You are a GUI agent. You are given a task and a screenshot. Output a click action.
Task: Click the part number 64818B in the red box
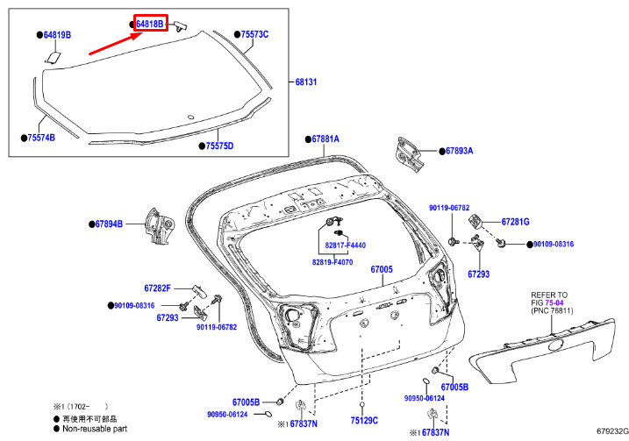150,24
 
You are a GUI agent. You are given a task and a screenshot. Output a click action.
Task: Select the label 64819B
57,35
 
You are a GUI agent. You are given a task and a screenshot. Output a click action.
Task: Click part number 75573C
254,34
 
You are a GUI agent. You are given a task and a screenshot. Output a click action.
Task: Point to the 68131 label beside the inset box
306,82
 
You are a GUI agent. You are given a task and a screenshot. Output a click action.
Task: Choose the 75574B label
41,138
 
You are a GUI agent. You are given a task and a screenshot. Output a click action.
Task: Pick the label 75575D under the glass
219,146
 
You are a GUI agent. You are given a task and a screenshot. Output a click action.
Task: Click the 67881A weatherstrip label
325,139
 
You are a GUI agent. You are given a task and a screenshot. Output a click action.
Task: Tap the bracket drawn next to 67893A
409,155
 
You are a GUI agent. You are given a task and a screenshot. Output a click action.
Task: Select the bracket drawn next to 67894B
160,226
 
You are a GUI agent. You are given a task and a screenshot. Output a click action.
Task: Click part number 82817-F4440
346,245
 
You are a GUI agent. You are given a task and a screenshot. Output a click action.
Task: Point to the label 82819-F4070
332,262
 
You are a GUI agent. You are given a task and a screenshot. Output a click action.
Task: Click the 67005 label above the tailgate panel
382,269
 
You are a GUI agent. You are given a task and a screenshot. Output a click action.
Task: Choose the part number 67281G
516,222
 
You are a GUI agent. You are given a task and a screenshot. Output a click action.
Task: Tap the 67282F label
158,288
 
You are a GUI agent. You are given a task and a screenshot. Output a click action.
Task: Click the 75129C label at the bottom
364,421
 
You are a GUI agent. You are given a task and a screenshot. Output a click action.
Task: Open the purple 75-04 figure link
554,302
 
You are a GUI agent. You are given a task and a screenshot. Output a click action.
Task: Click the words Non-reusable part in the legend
95,429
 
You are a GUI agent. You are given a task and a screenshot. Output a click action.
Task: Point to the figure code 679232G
612,431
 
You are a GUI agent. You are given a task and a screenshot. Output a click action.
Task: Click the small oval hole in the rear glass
191,117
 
